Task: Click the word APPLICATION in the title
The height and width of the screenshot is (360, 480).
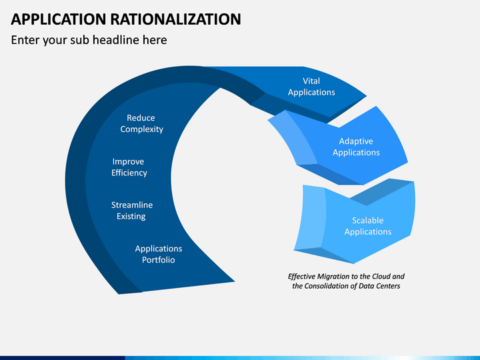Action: [59, 19]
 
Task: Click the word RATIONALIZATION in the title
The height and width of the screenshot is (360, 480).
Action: [176, 19]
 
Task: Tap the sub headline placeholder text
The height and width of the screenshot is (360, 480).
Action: [89, 40]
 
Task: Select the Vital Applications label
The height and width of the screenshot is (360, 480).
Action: [311, 87]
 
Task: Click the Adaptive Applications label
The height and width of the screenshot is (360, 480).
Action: [356, 147]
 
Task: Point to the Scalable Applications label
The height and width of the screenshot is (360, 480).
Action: [367, 226]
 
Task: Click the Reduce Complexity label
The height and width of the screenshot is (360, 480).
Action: [141, 124]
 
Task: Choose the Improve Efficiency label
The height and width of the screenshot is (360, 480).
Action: [129, 167]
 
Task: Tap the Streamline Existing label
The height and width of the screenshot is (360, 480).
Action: [132, 211]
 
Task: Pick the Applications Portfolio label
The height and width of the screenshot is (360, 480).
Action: [159, 254]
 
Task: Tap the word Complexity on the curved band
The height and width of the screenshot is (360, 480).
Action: [141, 129]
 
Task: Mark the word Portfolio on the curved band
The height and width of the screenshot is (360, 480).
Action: [159, 260]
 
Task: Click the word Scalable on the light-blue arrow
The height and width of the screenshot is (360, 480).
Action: [367, 221]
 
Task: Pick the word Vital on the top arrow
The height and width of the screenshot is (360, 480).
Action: [311, 81]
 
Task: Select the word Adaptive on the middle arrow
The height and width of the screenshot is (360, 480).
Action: [356, 141]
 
